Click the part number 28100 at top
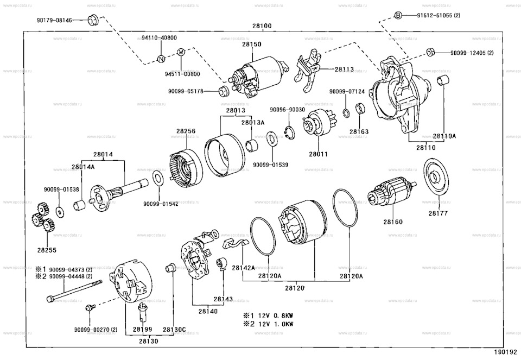coord(262,26)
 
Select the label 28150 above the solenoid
coord(252,44)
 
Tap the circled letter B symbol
coord(397,15)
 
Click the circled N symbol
coord(161,59)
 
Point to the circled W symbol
coord(181,52)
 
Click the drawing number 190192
coord(506,352)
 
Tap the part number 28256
coord(186,130)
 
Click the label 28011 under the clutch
coord(319,154)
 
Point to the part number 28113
coord(344,70)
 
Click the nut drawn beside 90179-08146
coord(92,21)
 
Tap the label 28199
coord(142,330)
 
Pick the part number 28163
coord(359,131)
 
